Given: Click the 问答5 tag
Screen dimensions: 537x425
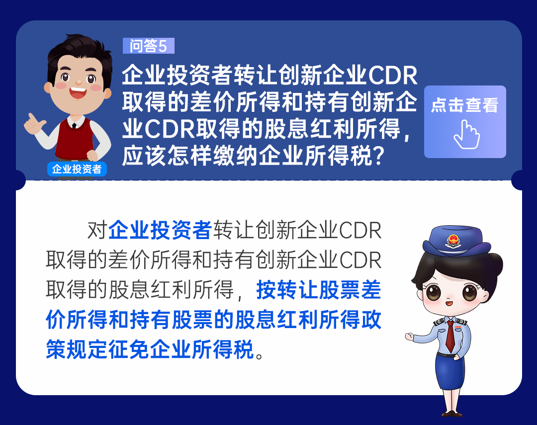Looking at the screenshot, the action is pos(149,46).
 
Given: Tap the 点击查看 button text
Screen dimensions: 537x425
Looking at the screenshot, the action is pos(465,105).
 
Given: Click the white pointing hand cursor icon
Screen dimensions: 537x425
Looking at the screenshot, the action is pos(466,135).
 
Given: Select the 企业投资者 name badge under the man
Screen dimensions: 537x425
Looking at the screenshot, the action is pos(77,169).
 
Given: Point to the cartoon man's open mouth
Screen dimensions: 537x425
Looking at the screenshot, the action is pos(78,92).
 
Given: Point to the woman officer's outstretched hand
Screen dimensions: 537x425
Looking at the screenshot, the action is pos(410,337).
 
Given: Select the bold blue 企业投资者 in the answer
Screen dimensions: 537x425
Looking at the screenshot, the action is pos(160,230).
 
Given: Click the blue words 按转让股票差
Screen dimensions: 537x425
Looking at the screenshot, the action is pos(319,290).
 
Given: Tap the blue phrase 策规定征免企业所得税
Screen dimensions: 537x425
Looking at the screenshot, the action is pos(150,349).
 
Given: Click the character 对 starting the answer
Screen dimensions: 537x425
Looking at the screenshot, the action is pos(97,230).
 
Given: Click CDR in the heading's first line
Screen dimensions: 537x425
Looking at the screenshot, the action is pos(392,76).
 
